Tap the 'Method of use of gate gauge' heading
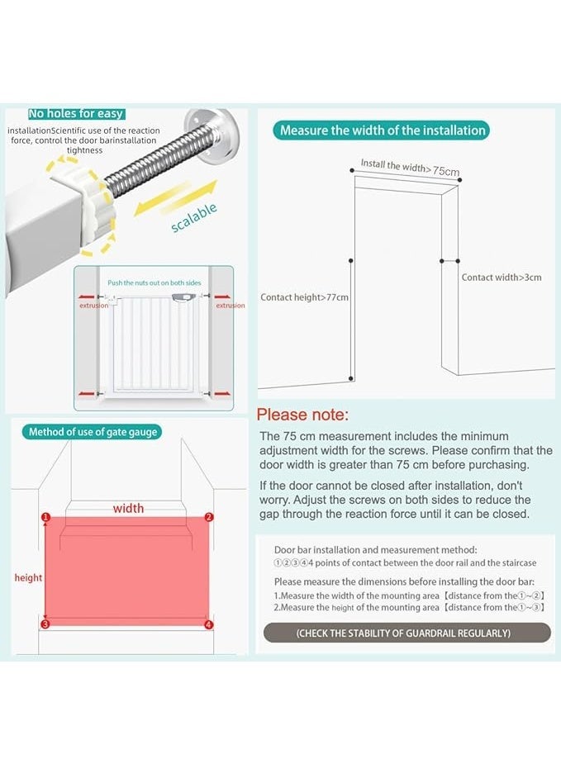click(92, 432)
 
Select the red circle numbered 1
click(45, 517)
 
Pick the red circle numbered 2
click(208, 517)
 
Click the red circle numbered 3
click(45, 624)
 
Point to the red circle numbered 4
click(208, 624)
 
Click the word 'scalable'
click(194, 218)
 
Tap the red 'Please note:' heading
click(302, 415)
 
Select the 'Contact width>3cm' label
click(502, 278)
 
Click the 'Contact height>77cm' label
click(304, 297)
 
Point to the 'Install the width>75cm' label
click(410, 167)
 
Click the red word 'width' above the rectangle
click(128, 508)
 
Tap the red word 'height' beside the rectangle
click(28, 578)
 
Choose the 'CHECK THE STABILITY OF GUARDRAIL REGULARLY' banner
click(407, 633)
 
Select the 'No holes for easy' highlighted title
click(77, 113)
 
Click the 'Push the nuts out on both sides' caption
click(154, 282)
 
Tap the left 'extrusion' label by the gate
click(93, 306)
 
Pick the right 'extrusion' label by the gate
click(230, 306)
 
